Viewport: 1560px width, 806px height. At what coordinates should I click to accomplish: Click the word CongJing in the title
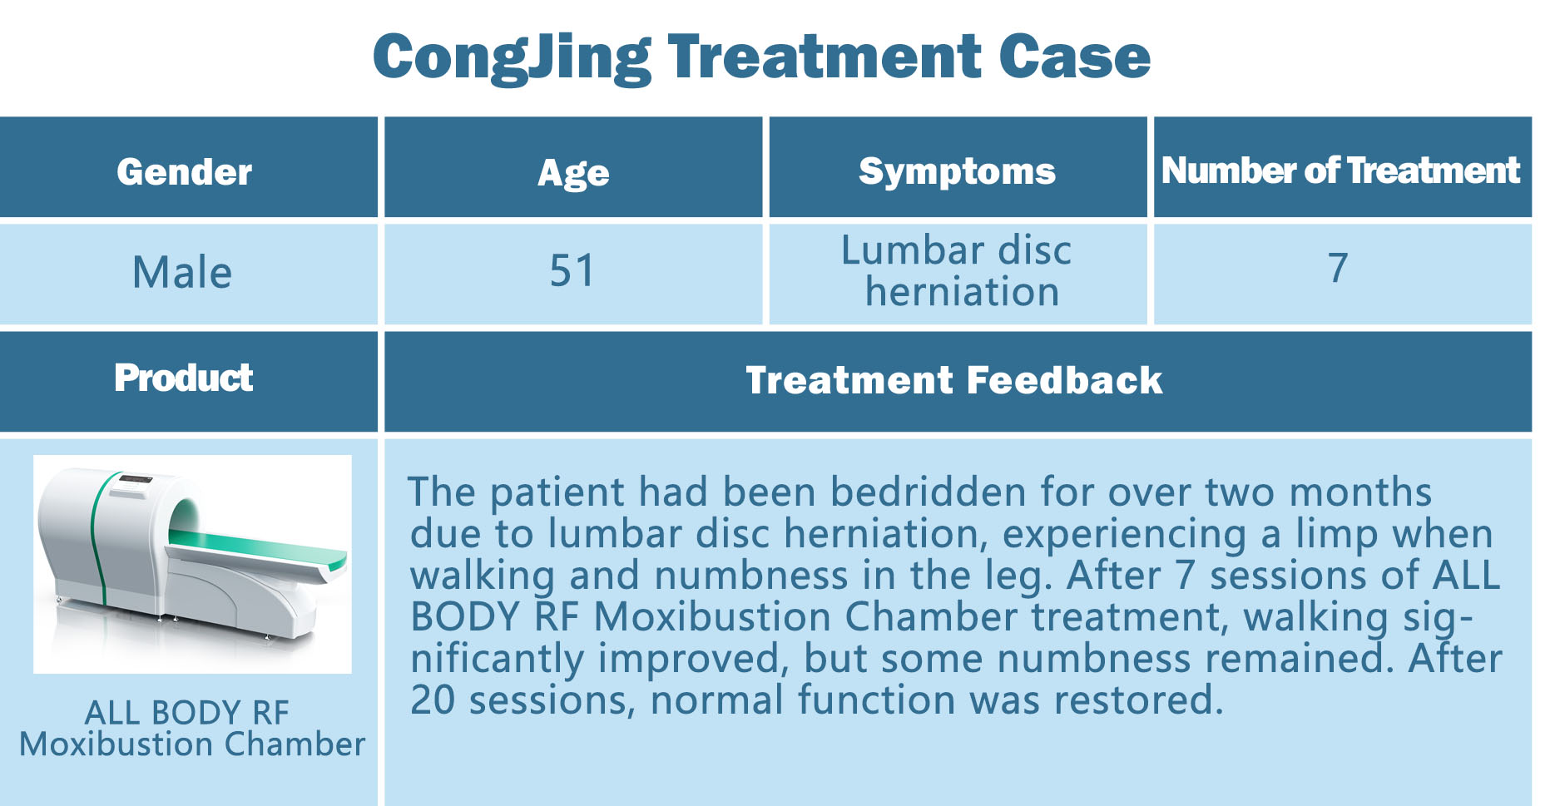(512, 58)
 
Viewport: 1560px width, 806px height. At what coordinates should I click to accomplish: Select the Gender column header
(184, 171)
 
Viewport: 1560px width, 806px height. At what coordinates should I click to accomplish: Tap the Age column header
(573, 173)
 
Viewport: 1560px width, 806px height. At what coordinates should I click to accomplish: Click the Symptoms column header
(957, 172)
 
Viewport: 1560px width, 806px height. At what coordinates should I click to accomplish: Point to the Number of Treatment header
(1340, 171)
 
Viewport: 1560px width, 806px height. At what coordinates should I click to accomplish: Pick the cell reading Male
(182, 272)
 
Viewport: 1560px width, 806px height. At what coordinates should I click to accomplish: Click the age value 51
(572, 271)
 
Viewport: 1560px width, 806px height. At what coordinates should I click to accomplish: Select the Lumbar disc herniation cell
(958, 271)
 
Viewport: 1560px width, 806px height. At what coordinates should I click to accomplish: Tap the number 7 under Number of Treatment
(1338, 268)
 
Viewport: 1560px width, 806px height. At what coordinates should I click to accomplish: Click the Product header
(184, 378)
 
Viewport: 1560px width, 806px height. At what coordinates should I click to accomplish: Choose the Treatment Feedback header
(954, 380)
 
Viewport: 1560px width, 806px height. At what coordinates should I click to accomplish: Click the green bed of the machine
(258, 550)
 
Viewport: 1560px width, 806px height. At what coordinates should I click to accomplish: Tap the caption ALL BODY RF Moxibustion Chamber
(192, 728)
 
